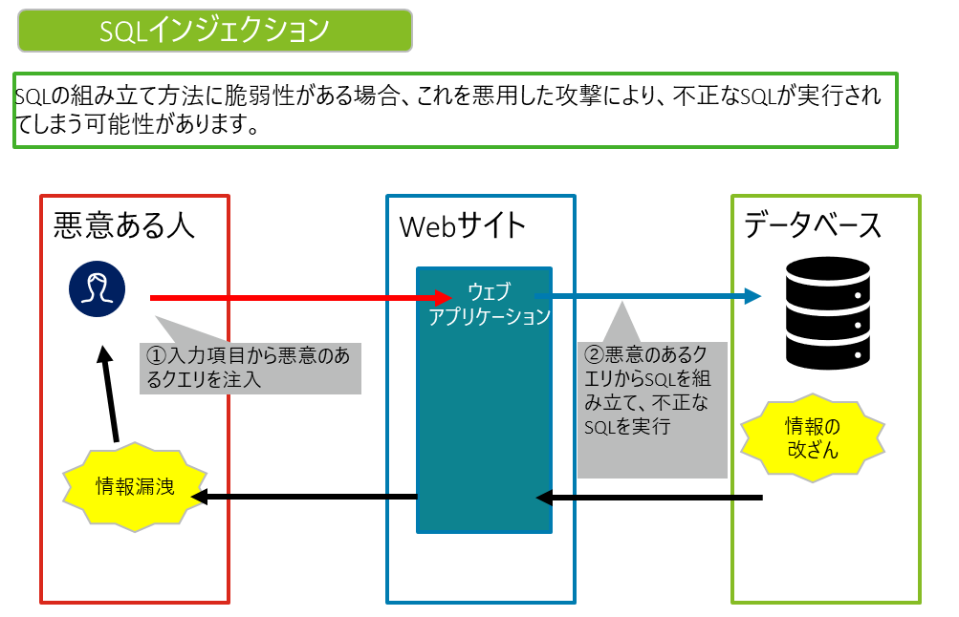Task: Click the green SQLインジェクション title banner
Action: (214, 31)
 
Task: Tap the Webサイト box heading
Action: (463, 226)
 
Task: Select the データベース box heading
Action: (813, 226)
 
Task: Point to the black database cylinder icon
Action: (827, 312)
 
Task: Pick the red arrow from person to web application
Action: (296, 298)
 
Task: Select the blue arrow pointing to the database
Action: (650, 297)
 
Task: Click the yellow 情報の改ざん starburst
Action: (812, 438)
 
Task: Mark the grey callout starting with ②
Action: (651, 401)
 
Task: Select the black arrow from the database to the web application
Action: (650, 498)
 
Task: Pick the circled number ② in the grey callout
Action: (595, 355)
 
